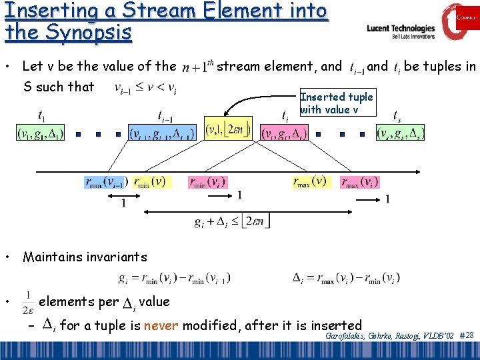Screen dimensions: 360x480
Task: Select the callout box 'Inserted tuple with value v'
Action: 337,103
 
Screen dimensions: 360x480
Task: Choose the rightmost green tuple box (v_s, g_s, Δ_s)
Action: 399,133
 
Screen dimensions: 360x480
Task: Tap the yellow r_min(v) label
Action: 151,181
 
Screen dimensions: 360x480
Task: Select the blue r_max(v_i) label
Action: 362,181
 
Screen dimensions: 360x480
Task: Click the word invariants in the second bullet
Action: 115,257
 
